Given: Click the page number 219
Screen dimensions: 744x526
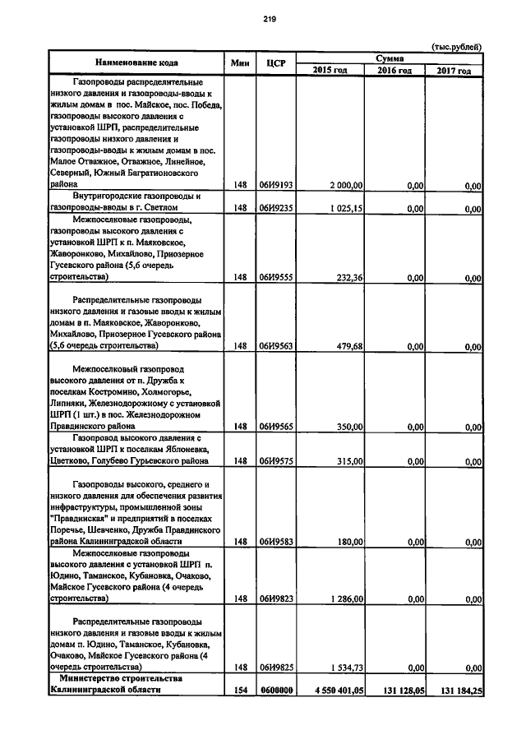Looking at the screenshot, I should (268, 21).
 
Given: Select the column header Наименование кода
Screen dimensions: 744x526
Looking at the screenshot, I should (136, 62).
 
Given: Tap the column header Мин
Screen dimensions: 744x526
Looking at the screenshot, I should (240, 62).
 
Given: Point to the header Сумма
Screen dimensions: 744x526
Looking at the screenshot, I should (389, 57).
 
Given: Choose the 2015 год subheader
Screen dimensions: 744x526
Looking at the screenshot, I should (330, 70).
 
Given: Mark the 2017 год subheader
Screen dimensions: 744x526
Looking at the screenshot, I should (453, 70).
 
